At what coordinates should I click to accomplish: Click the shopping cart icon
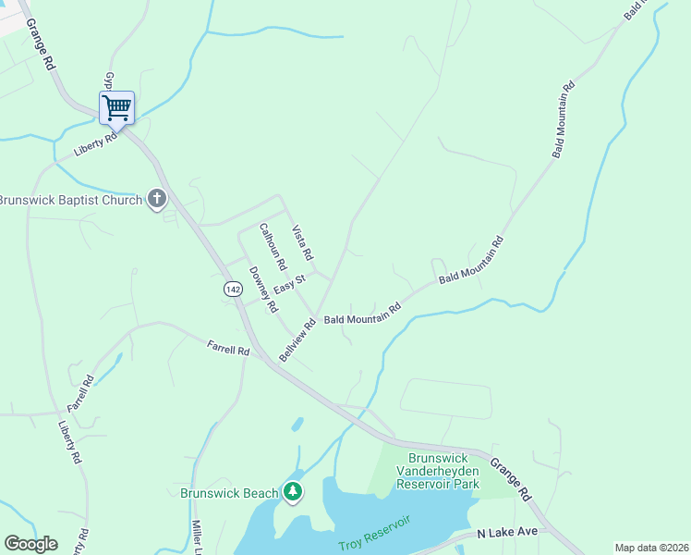116,107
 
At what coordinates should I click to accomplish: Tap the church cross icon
157,199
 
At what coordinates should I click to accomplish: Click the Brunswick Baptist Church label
70,200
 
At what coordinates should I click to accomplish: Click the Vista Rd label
303,242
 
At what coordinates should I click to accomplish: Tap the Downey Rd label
264,289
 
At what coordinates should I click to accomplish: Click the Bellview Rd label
298,339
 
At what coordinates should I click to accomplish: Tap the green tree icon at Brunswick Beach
293,492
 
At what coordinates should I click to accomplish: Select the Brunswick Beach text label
229,493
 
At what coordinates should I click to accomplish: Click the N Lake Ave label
507,534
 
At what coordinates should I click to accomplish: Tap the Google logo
30,544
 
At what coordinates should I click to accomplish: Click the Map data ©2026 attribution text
651,548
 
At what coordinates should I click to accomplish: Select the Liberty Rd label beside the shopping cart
97,144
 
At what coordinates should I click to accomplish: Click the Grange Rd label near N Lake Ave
510,479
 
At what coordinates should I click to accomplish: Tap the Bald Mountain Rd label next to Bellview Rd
362,314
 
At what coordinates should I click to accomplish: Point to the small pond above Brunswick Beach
297,425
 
